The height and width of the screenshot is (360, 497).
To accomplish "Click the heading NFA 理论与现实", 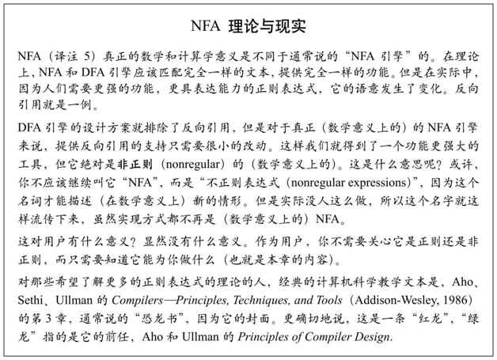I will [x=248, y=25].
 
